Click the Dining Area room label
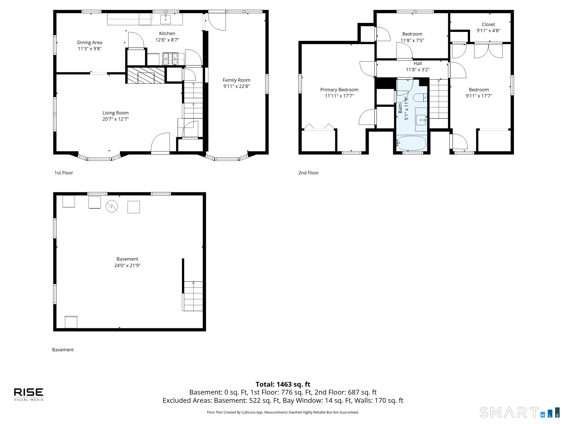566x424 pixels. [89, 42]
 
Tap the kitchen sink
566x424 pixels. [166, 19]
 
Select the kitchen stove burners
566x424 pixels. [170, 59]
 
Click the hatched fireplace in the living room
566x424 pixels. [146, 75]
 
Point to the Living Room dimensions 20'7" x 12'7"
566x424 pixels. [115, 119]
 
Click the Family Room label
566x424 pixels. [236, 80]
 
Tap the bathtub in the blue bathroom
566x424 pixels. [411, 143]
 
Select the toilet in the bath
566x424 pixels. [420, 98]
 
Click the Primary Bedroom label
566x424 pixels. [339, 90]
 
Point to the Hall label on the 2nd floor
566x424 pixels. [417, 64]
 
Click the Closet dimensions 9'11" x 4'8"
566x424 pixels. [488, 31]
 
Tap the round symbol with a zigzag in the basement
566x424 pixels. [112, 206]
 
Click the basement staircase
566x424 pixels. [193, 296]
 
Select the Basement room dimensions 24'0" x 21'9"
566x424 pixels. [127, 265]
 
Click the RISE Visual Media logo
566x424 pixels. [29, 394]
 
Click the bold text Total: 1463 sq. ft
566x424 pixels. [283, 384]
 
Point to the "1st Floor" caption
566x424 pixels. [64, 173]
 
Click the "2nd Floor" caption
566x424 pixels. [308, 173]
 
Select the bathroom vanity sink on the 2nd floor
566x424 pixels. [421, 120]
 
